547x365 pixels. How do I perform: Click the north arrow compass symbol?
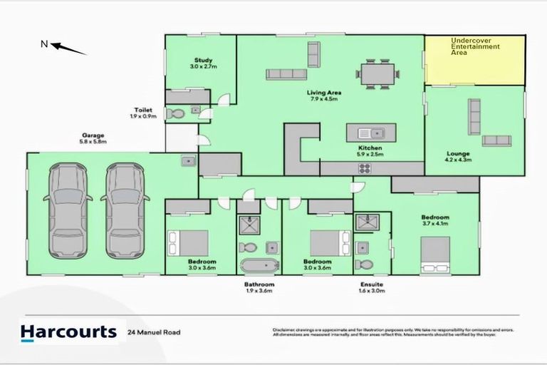click(x=68, y=48)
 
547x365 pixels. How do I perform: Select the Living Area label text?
click(x=324, y=96)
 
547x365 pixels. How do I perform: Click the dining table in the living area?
click(x=375, y=75)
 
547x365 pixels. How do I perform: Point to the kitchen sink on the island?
click(x=370, y=132)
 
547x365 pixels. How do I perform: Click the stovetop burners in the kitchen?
click(x=365, y=169)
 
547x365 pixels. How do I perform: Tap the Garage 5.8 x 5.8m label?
click(x=93, y=138)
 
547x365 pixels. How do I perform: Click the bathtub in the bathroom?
click(x=259, y=267)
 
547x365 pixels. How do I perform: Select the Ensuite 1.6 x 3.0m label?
click(x=371, y=287)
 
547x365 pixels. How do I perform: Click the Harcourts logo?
click(x=68, y=331)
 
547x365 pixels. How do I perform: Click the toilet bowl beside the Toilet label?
click(x=175, y=113)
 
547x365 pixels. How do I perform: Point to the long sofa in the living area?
click(x=286, y=74)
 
